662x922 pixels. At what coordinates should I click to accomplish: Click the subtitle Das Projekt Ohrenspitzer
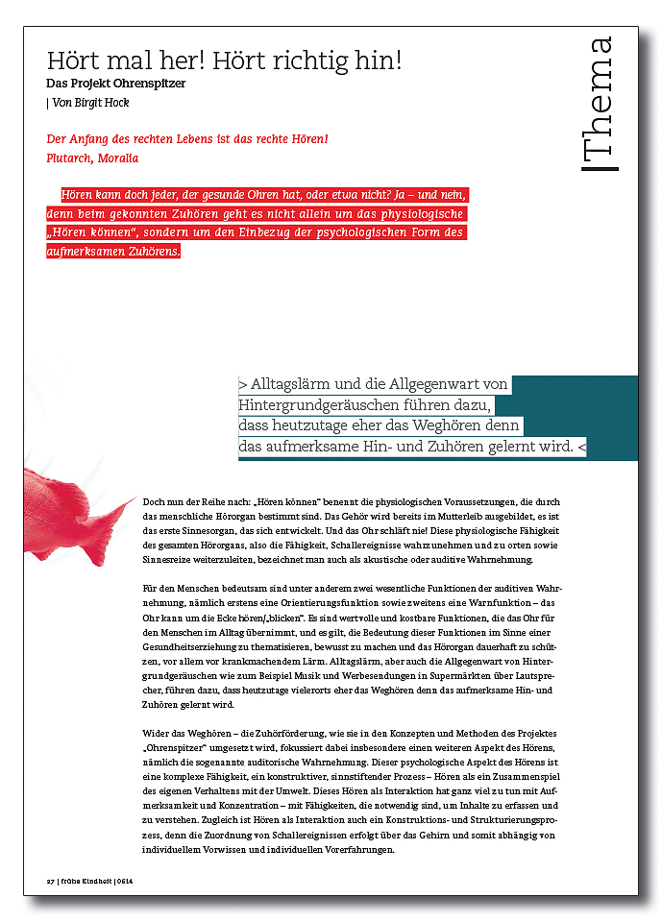click(x=115, y=84)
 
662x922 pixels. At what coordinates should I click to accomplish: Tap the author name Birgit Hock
click(x=103, y=103)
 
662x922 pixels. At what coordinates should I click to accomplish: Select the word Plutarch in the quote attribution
click(x=70, y=158)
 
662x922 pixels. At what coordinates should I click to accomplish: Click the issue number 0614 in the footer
click(x=125, y=881)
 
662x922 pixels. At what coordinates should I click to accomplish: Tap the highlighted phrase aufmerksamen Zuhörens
click(x=111, y=253)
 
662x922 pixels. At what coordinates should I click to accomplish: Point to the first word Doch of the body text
click(x=154, y=502)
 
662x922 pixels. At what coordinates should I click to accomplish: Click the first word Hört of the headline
click(x=73, y=61)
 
